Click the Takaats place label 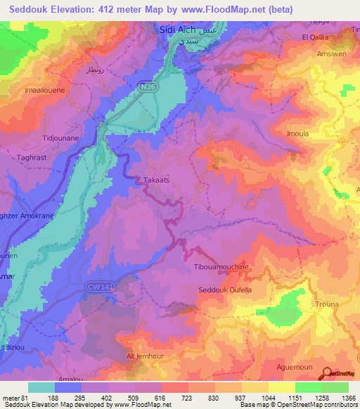(157, 180)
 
